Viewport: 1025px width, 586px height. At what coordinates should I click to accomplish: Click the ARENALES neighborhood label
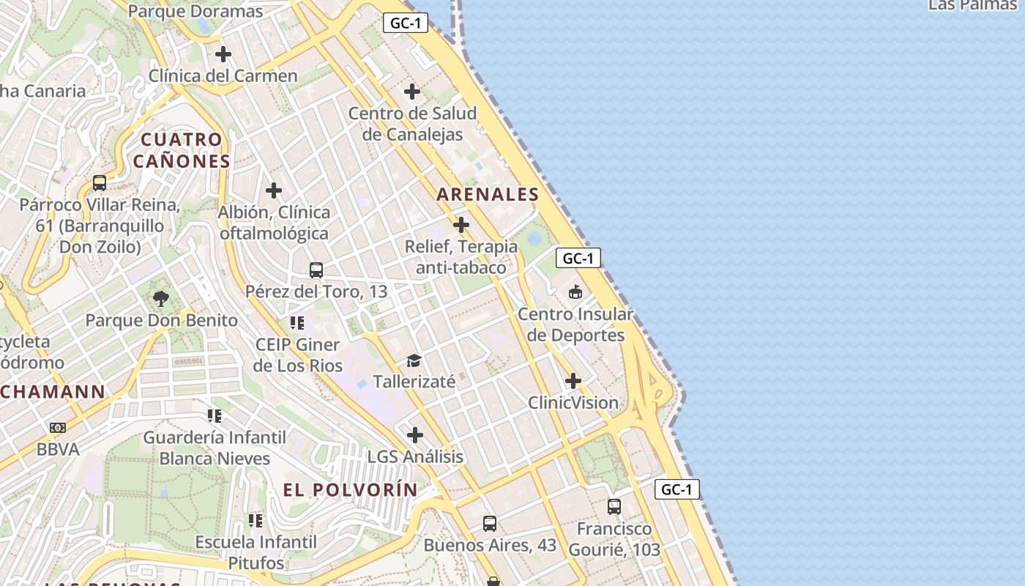[488, 195]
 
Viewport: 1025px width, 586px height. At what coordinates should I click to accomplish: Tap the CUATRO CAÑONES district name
[182, 150]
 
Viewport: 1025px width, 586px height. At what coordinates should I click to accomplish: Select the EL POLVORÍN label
[351, 490]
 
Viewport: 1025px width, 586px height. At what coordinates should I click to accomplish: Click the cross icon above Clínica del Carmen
[223, 54]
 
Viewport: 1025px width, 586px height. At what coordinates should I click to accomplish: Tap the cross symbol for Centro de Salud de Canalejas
[412, 92]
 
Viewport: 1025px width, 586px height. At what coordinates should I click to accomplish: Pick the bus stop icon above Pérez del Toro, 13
[316, 270]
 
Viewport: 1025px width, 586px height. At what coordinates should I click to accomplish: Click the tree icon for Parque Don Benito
[161, 299]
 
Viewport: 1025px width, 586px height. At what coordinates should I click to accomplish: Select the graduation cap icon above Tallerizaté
[414, 360]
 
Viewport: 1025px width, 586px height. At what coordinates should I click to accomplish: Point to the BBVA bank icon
[58, 428]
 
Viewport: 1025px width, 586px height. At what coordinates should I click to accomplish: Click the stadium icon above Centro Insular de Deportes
[575, 292]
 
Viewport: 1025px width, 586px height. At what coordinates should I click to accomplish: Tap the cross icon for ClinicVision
[573, 381]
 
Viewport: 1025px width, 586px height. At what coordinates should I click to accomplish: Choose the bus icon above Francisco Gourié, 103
[614, 507]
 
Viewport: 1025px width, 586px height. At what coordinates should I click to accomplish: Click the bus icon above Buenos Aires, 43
[490, 524]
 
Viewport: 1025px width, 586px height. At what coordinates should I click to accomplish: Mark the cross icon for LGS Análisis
[415, 435]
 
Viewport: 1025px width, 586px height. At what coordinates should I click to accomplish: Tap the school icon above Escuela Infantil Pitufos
[256, 521]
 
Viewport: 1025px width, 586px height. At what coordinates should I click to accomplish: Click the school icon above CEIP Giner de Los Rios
[297, 323]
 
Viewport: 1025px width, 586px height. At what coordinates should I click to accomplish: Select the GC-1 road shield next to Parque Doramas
[405, 23]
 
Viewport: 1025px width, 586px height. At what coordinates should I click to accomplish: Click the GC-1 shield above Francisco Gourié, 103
[676, 489]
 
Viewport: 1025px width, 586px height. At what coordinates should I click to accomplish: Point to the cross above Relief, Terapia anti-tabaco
[461, 225]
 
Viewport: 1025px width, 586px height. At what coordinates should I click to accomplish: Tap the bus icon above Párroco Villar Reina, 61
[100, 183]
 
